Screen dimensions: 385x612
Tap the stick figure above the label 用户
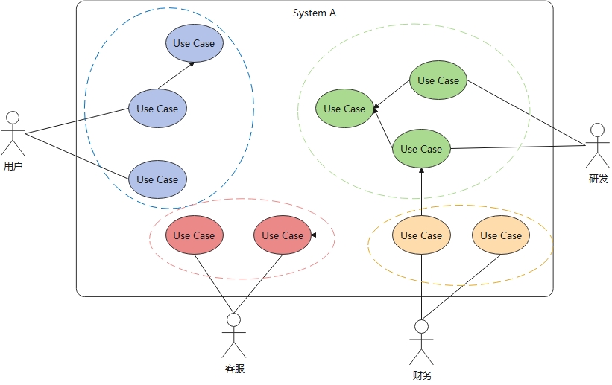click(13, 134)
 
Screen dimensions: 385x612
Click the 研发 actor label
click(598, 179)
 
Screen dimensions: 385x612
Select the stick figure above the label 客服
click(234, 336)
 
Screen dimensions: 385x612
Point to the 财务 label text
click(421, 375)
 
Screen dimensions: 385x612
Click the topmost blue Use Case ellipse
click(194, 43)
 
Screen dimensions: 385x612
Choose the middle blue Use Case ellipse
click(157, 109)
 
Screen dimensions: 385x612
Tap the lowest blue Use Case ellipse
click(157, 179)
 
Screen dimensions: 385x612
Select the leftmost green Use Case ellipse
click(344, 109)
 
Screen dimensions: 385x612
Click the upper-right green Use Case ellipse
click(438, 80)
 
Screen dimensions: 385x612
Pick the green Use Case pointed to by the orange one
click(421, 149)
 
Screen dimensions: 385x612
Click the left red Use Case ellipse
click(194, 235)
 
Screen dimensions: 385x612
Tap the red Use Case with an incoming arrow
click(282, 235)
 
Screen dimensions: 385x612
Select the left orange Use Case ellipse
click(421, 235)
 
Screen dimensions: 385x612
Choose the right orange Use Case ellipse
click(501, 235)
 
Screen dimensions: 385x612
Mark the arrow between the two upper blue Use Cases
click(176, 75)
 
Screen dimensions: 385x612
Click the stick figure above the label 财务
click(422, 342)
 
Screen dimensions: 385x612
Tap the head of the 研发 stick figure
click(596, 130)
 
